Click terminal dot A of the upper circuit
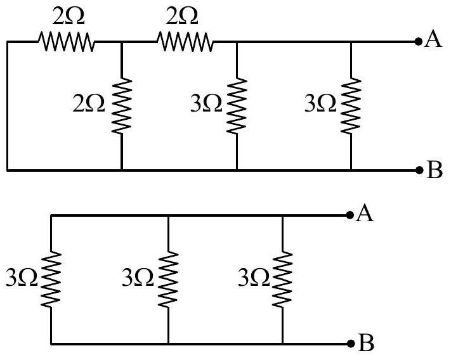click(419, 42)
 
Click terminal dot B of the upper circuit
click(419, 170)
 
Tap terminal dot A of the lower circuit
click(350, 215)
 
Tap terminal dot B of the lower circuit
click(351, 344)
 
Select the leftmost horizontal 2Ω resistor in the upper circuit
click(66, 42)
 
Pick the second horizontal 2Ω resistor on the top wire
click(185, 42)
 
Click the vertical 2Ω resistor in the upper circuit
click(122, 106)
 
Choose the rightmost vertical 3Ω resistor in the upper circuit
click(351, 106)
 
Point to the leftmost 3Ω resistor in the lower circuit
click(51, 280)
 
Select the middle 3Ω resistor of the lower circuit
click(168, 280)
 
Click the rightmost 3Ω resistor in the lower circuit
click(282, 280)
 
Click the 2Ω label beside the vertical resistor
click(89, 104)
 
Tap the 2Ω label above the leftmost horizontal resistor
click(69, 16)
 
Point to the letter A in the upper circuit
click(433, 39)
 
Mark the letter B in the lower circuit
click(366, 342)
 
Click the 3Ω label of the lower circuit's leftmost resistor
click(22, 277)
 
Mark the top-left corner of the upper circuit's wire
click(8, 42)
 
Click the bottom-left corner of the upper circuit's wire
click(8, 170)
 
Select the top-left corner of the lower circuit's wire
click(51, 215)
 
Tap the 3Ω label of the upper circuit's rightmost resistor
click(320, 103)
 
